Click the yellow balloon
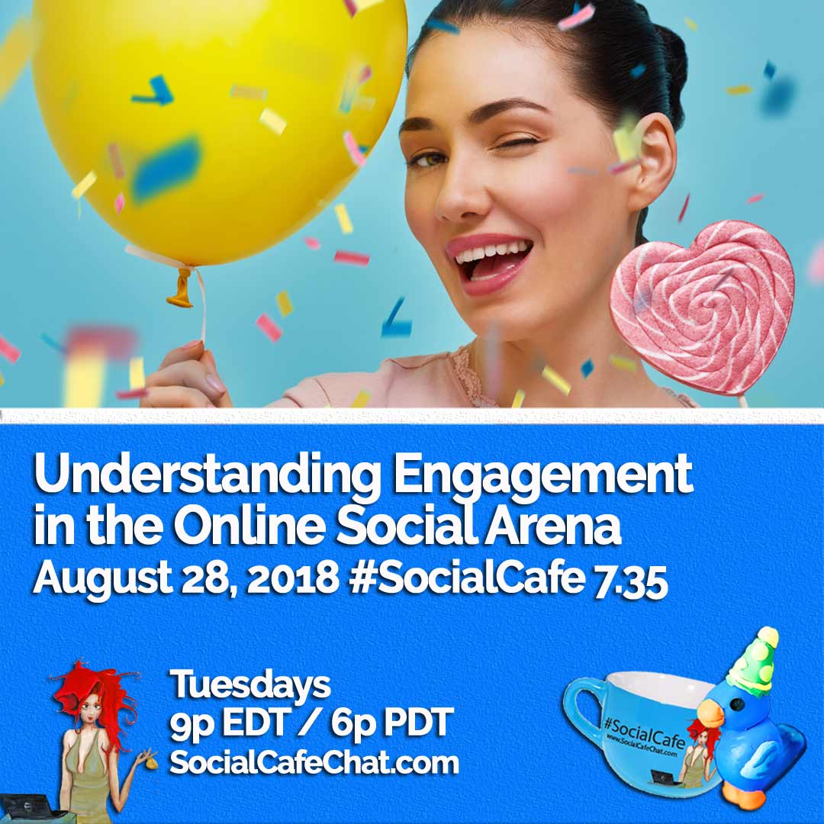coord(221,122)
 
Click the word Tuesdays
coord(250,684)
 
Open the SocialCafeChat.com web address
coord(314,762)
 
